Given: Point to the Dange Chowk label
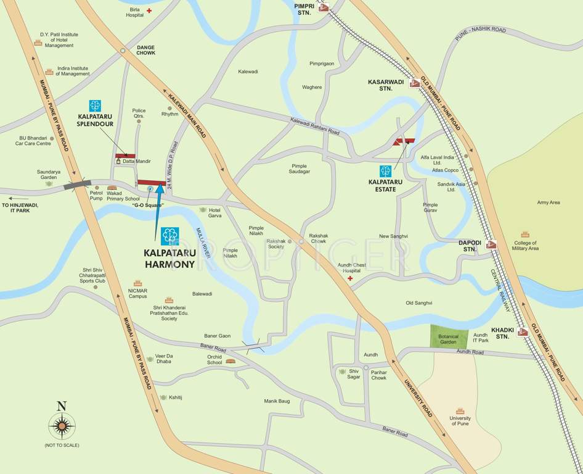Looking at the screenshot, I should [x=146, y=50].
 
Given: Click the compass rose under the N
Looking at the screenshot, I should [x=62, y=425].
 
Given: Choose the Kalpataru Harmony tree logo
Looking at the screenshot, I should [x=169, y=236].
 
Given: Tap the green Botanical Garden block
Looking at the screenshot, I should [x=449, y=336].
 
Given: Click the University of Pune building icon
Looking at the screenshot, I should [x=460, y=410].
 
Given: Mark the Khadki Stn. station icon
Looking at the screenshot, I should [x=523, y=332].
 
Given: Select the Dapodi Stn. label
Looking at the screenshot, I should [x=470, y=246].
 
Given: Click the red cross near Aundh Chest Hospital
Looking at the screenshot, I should [x=351, y=279].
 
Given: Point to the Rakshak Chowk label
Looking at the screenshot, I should [x=318, y=238].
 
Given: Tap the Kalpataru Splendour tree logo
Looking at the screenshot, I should [x=95, y=106].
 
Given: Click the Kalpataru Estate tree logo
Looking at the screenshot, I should [x=386, y=171].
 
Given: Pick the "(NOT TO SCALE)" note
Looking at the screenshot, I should [x=62, y=445].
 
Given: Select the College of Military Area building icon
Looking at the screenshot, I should [x=525, y=235].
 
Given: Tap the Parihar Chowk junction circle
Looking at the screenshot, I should [x=365, y=368].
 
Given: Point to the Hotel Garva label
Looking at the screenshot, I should [x=214, y=214].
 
